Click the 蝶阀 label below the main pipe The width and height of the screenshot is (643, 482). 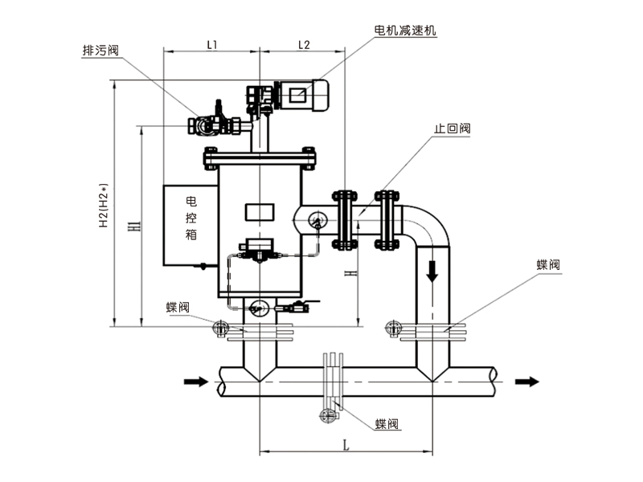tap(387, 423)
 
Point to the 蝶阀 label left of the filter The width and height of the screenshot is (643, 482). tap(178, 307)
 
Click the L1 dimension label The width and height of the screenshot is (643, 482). tap(211, 46)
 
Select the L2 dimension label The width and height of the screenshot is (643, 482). tap(304, 46)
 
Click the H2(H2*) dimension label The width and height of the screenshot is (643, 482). tap(104, 204)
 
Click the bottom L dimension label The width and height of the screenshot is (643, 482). tap(345, 443)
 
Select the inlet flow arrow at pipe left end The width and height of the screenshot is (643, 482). tap(195, 381)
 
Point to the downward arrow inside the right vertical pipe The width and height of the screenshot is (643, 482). tap(432, 271)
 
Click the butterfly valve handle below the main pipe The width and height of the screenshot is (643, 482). tap(328, 415)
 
